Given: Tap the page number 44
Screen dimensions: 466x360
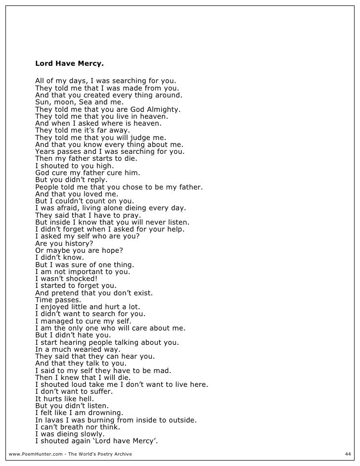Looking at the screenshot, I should tap(347, 454).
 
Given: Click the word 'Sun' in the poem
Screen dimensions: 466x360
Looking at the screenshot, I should tap(42, 102).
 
